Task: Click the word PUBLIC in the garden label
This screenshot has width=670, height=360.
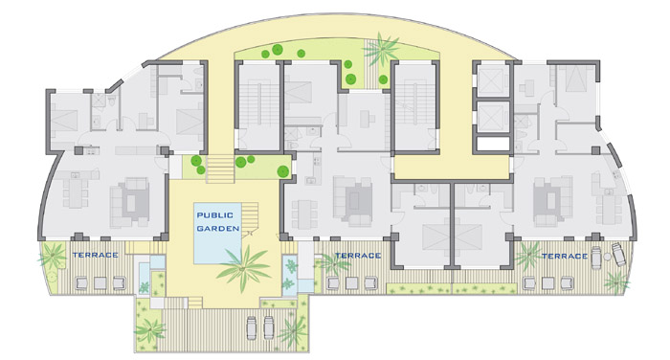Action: pyautogui.click(x=215, y=215)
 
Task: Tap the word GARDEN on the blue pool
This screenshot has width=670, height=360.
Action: pyautogui.click(x=218, y=228)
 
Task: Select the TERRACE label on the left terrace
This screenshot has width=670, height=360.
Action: pyautogui.click(x=96, y=255)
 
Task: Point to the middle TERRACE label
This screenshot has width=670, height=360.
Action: pyautogui.click(x=358, y=256)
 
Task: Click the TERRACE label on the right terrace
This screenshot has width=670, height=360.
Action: pyautogui.click(x=565, y=256)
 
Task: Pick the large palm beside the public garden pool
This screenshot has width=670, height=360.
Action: pyautogui.click(x=243, y=268)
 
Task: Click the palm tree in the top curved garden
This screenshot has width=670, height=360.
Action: pyautogui.click(x=382, y=49)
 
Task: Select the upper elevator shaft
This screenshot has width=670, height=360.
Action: pyautogui.click(x=493, y=80)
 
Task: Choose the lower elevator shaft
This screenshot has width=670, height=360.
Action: pyautogui.click(x=493, y=117)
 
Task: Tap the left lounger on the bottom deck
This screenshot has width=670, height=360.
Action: pyautogui.click(x=252, y=327)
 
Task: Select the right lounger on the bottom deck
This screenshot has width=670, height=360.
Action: pyautogui.click(x=268, y=327)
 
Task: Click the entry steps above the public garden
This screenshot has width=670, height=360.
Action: pyautogui.click(x=220, y=169)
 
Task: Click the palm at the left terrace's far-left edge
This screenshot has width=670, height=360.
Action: pyautogui.click(x=53, y=256)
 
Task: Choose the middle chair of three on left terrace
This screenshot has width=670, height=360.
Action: pyautogui.click(x=100, y=282)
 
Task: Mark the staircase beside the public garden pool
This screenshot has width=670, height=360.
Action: pyautogui.click(x=250, y=217)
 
